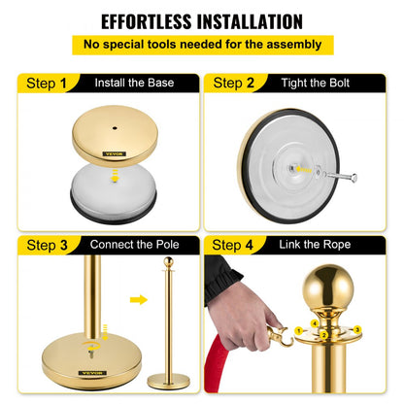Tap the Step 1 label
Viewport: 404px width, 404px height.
point(40,84)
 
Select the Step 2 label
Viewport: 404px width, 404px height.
point(234,84)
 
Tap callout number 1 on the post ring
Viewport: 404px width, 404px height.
point(314,323)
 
